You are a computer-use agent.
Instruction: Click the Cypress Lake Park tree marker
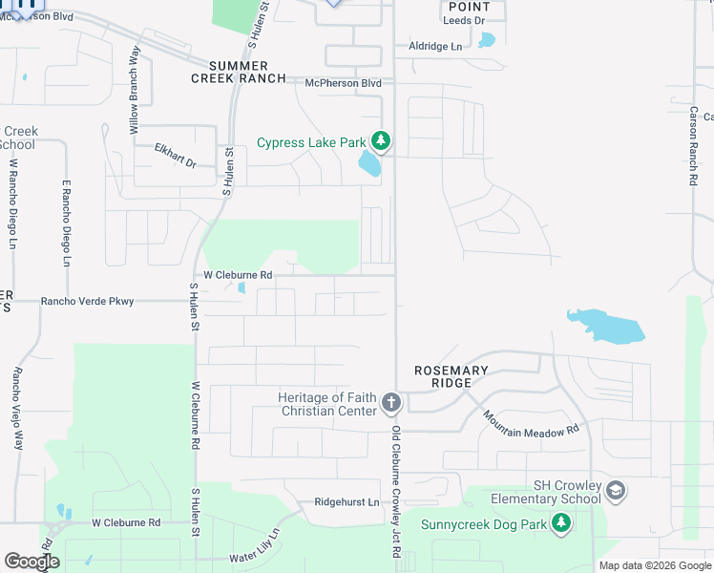click(x=381, y=142)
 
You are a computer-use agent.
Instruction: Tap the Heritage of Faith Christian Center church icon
click(x=390, y=403)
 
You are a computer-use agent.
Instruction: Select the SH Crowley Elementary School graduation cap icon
click(x=617, y=491)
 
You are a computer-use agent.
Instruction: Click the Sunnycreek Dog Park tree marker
click(x=562, y=522)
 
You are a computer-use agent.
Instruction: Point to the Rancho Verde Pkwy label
click(x=87, y=302)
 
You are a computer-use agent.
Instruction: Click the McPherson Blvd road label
click(x=343, y=83)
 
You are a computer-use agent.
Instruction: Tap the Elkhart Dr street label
click(x=175, y=156)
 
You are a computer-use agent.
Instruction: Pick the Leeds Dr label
click(x=465, y=20)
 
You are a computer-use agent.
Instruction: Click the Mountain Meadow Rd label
click(x=531, y=424)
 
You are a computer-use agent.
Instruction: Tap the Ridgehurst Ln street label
click(x=346, y=502)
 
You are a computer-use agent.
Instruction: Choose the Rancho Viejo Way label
click(x=17, y=409)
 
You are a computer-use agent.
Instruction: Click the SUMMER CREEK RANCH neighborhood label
click(x=239, y=72)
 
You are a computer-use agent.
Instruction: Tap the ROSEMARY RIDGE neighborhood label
click(x=451, y=376)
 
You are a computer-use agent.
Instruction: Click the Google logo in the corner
click(x=31, y=562)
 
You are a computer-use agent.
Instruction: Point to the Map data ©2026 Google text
click(x=654, y=565)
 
